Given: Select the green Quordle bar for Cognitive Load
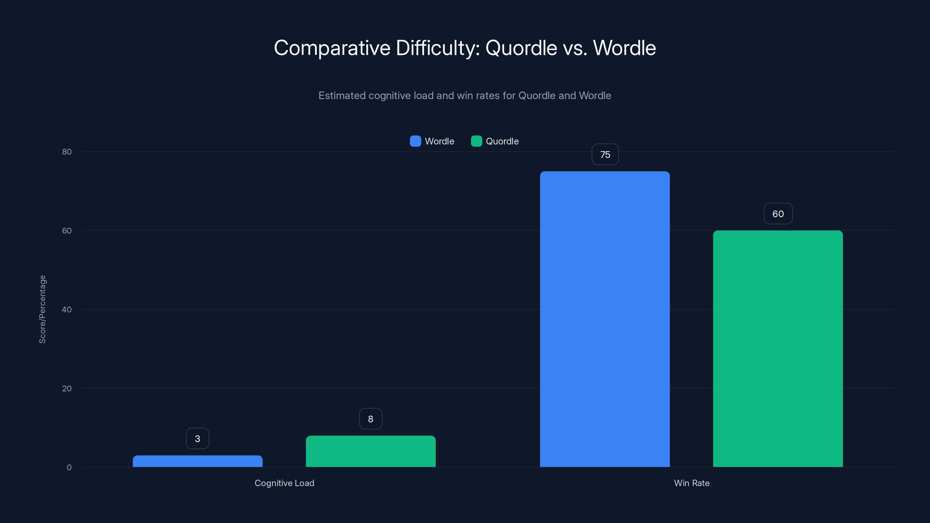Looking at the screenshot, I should point(371,451).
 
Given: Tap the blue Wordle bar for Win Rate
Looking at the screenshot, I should point(605,319).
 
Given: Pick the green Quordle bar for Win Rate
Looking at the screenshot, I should point(778,349).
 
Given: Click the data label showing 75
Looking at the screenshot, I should point(605,155).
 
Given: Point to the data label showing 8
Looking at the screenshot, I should point(371,419).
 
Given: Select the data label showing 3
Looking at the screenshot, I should point(198,438).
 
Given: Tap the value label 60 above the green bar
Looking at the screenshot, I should point(778,214).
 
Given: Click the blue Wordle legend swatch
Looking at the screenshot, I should point(415,141).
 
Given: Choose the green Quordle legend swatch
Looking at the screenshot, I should point(476,141).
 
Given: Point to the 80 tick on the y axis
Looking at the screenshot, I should point(67,152).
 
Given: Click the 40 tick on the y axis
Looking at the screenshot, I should point(67,309).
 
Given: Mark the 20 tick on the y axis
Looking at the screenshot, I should point(67,388).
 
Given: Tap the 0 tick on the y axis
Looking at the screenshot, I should point(69,468).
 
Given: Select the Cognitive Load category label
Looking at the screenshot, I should point(284,483).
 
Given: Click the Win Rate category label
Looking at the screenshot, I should point(691,483).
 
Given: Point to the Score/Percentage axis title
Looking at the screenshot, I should point(42,309).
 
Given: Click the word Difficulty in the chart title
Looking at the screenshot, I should point(438,48).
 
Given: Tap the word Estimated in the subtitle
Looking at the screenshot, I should point(342,96).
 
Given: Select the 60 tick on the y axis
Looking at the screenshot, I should point(67,231).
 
